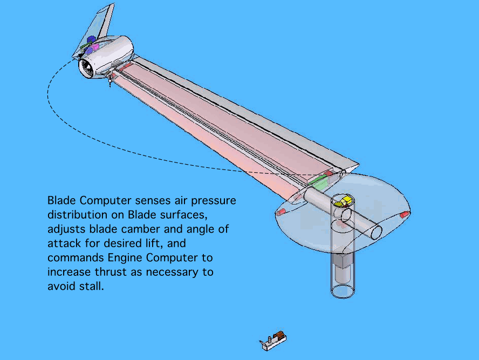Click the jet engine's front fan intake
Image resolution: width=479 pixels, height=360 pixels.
[x=87, y=67]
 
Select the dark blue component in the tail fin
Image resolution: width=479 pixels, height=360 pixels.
[x=90, y=40]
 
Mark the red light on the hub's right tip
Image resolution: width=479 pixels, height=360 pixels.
[x=403, y=215]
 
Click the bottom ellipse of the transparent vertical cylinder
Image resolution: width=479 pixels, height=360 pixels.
[x=343, y=291]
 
